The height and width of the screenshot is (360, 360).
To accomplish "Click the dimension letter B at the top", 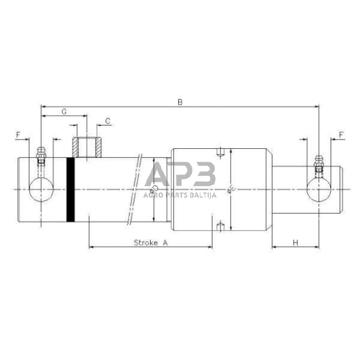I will pyautogui.click(x=179, y=102).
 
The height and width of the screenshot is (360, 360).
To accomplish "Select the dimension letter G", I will pyautogui.click(x=64, y=111).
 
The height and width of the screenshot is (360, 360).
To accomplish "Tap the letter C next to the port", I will pyautogui.click(x=108, y=121).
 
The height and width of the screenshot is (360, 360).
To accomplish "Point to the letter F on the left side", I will pyautogui.click(x=19, y=133).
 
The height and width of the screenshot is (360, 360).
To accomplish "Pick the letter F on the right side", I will pyautogui.click(x=340, y=133).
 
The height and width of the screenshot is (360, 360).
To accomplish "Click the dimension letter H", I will pyautogui.click(x=295, y=242).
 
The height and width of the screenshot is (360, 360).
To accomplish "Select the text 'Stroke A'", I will pyautogui.click(x=150, y=242).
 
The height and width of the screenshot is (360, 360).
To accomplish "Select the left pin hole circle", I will pyautogui.click(x=41, y=190).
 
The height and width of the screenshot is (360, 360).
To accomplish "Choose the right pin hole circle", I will pyautogui.click(x=318, y=190).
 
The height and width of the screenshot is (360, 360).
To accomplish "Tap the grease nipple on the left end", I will pyautogui.click(x=41, y=156).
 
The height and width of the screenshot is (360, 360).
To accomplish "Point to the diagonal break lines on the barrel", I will pyautogui.click(x=135, y=190).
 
